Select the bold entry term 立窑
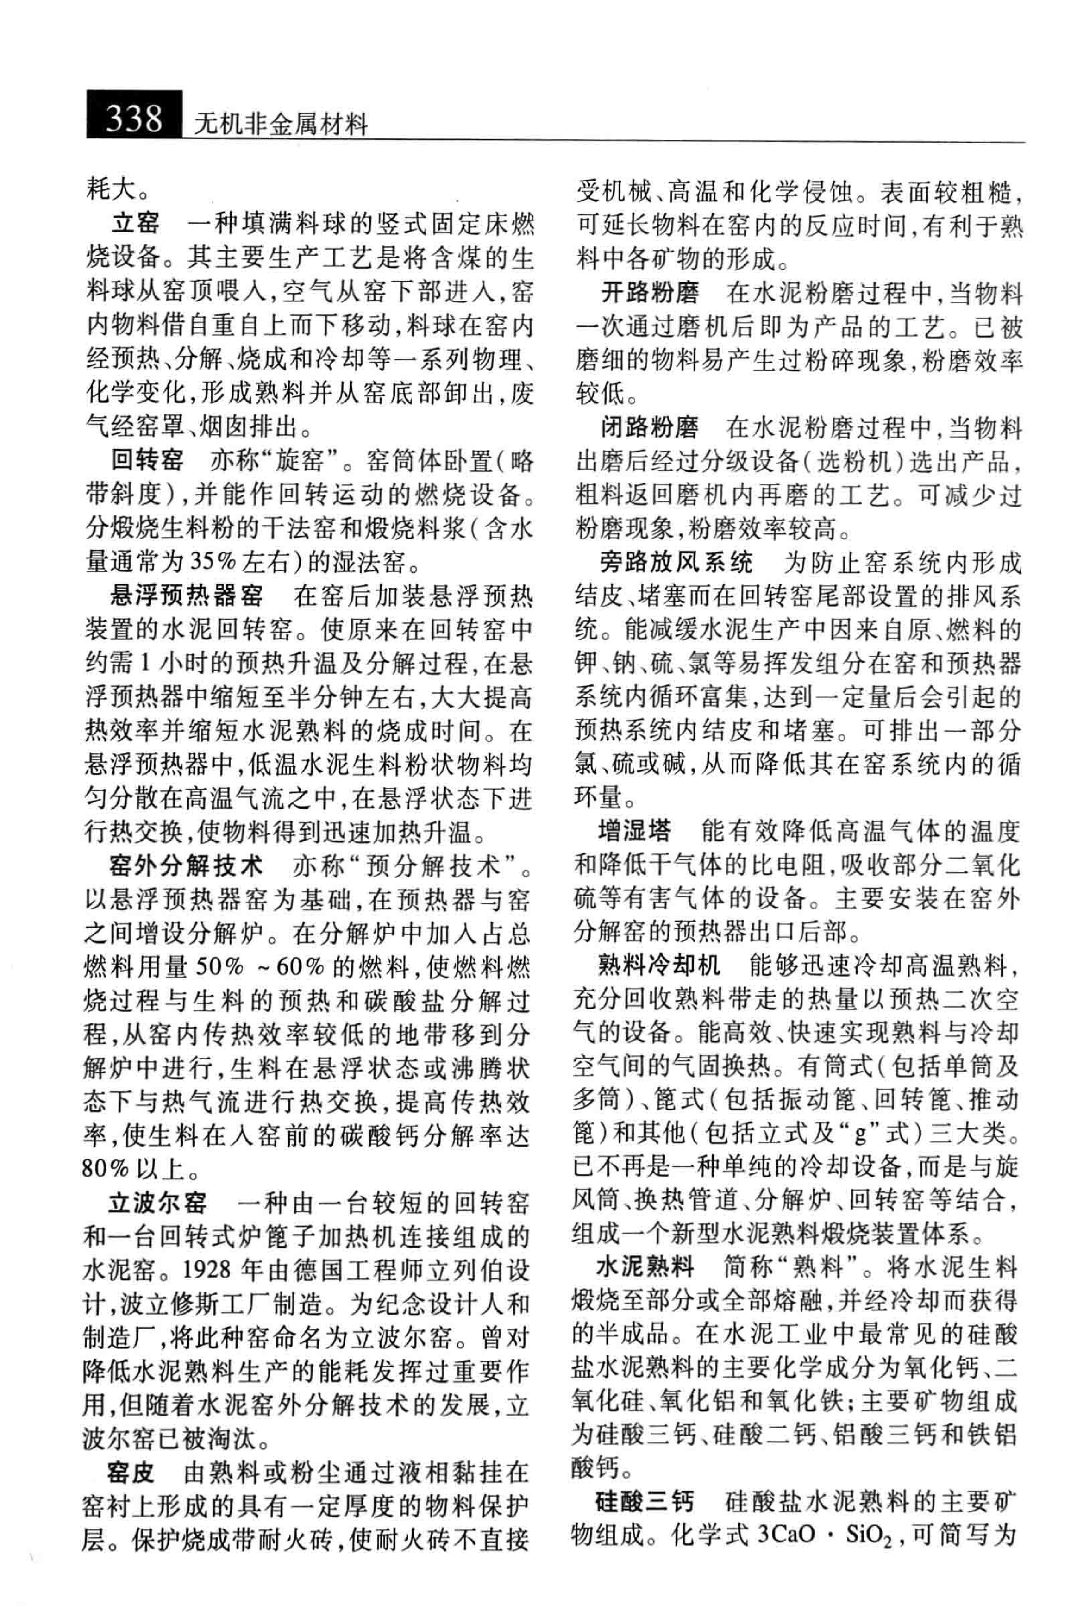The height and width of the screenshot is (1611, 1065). pos(136,223)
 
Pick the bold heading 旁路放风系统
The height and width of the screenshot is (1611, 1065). pos(676,562)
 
